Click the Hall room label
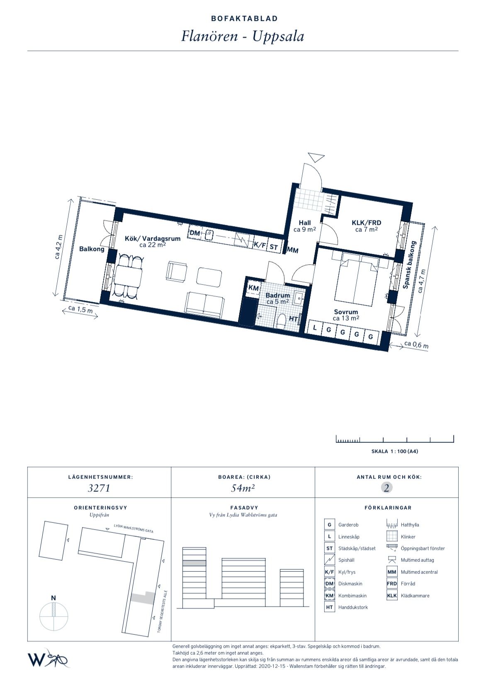click(x=305, y=223)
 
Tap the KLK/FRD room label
click(x=366, y=223)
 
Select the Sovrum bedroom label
click(x=346, y=312)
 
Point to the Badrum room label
click(x=278, y=295)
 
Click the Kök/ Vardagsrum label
click(x=153, y=238)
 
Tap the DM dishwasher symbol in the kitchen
click(x=194, y=233)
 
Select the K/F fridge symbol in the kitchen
click(x=260, y=245)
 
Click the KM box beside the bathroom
click(x=253, y=288)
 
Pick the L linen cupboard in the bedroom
click(x=314, y=328)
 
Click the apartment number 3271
click(x=99, y=488)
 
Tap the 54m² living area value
click(x=243, y=488)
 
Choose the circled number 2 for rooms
click(x=386, y=488)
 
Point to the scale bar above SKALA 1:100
click(x=395, y=439)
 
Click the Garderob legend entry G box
click(x=330, y=525)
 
